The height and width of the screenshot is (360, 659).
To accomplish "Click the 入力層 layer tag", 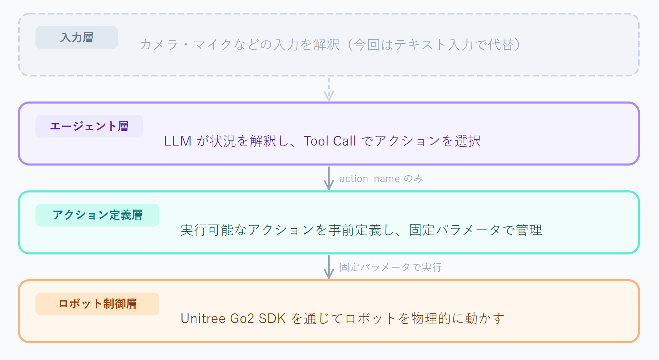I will point(77,37).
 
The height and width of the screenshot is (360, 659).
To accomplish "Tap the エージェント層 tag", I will point(89,126).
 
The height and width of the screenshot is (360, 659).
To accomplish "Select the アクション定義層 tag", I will point(97,215).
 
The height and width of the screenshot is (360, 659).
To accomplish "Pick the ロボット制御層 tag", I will point(97,304).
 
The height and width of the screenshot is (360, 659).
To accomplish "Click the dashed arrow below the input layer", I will point(329,89).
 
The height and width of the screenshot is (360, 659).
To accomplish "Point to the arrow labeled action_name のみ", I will point(329,178).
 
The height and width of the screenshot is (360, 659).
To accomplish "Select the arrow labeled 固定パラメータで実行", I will point(329,267).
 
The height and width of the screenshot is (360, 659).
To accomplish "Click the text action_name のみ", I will point(381,179).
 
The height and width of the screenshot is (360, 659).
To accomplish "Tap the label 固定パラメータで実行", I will point(391,267).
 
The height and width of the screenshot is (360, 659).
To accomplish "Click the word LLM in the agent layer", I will point(178,141).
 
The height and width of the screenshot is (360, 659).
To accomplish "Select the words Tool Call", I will point(330,141).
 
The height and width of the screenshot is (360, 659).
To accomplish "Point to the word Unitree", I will point(203,318).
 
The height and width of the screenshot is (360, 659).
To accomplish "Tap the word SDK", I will point(272,318).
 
